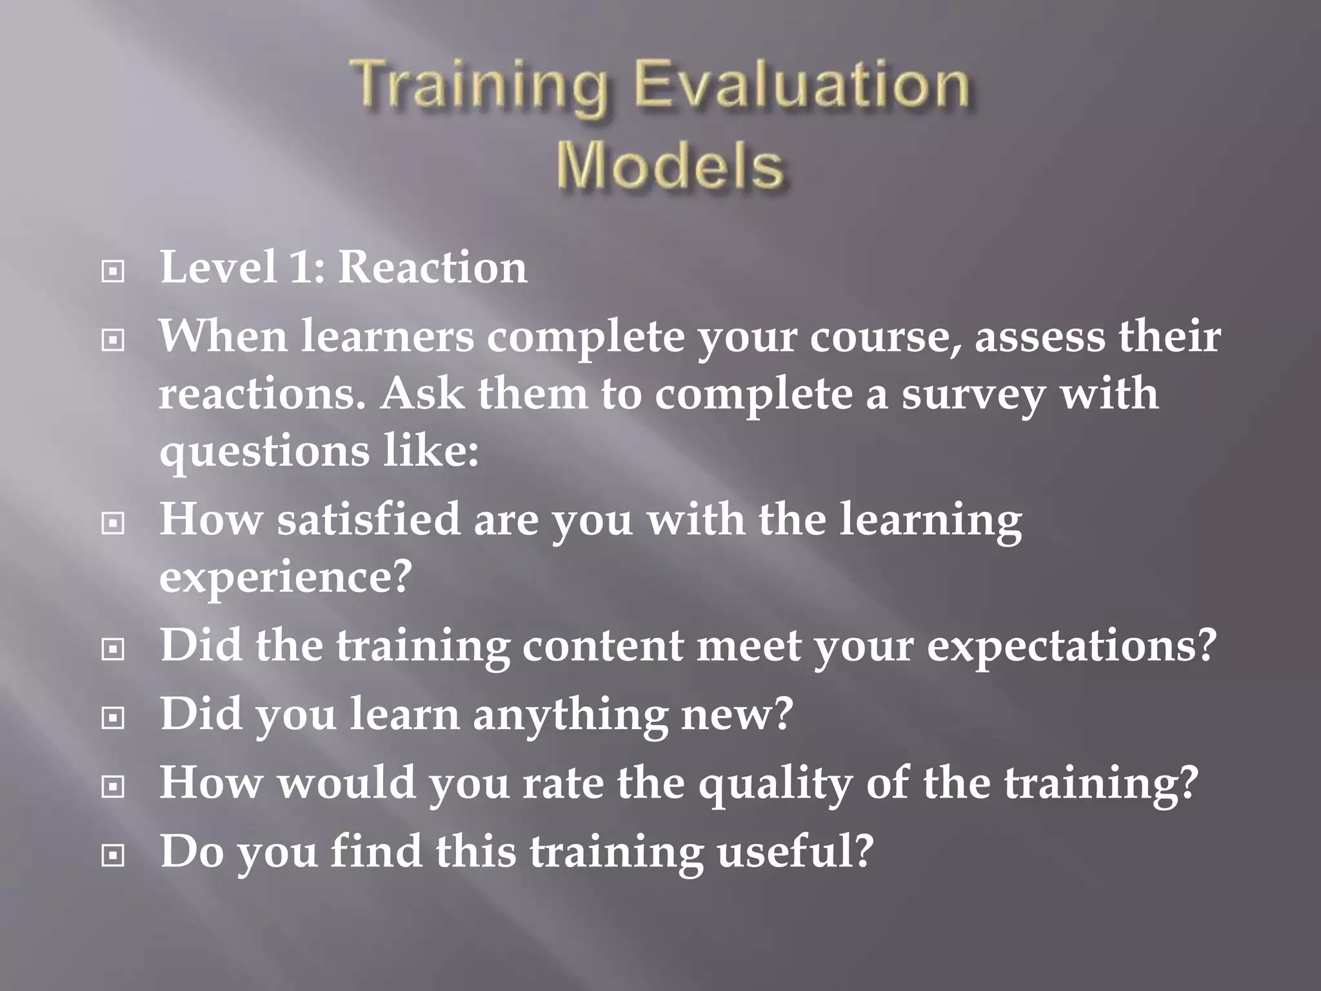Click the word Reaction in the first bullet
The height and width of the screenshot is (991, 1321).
pos(432,267)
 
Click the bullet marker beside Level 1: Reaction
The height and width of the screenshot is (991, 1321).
pos(114,272)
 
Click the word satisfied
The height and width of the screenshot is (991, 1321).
pos(369,519)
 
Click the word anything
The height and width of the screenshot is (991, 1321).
pos(570,715)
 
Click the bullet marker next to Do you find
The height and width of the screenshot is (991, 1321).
pos(114,856)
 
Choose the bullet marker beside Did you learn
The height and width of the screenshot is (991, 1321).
pos(114,717)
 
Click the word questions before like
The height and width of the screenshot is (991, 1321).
pos(264,452)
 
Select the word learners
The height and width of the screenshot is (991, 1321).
pos(388,337)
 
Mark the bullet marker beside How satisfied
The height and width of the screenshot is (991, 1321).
pos(114,523)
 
